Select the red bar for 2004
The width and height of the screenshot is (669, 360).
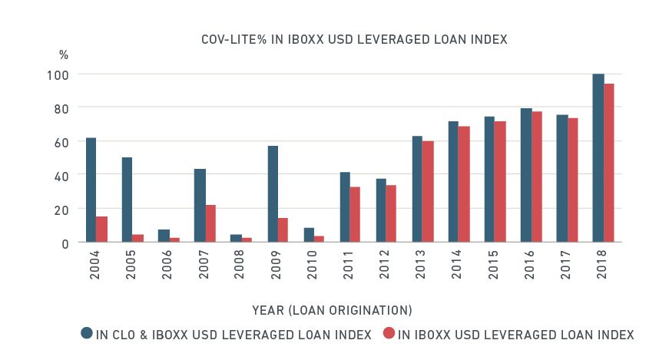101,229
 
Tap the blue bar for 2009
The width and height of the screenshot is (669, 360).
273,193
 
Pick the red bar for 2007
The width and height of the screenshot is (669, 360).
210,223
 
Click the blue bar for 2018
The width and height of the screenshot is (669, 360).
598,158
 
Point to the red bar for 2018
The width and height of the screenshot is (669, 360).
609,163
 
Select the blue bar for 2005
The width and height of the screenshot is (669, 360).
127,200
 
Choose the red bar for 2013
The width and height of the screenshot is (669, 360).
428,191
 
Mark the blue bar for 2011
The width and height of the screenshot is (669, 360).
345,206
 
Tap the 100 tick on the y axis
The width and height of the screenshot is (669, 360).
61,74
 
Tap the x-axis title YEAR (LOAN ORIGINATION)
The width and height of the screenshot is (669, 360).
332,310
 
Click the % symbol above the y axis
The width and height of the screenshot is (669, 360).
64,55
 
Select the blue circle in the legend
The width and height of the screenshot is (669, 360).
87,333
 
